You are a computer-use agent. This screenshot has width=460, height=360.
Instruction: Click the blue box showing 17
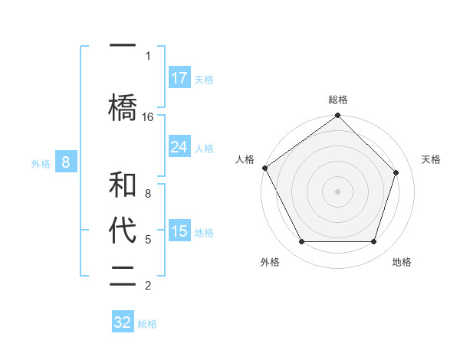(x=179, y=78)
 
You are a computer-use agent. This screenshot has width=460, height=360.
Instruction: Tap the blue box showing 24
(x=179, y=147)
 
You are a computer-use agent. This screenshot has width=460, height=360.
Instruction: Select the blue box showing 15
(x=179, y=231)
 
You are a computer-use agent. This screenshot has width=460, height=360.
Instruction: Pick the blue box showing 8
(x=66, y=162)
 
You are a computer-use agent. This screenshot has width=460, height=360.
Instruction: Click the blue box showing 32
(x=123, y=322)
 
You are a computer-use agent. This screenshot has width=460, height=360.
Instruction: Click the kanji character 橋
(x=123, y=108)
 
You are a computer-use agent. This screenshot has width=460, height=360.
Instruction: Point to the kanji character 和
(x=123, y=185)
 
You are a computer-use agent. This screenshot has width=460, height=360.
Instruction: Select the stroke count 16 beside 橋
(x=148, y=116)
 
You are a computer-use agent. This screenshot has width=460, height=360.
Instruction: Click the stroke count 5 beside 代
(x=148, y=240)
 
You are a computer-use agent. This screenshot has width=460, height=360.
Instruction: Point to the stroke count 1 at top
(x=148, y=56)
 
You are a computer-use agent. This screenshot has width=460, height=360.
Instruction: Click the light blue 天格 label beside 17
(x=204, y=79)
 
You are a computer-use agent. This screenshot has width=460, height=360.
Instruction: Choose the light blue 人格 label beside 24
(x=204, y=148)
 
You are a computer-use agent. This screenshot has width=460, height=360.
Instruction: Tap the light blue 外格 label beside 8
(x=41, y=163)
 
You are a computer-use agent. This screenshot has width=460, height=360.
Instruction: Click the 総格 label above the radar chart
(x=338, y=100)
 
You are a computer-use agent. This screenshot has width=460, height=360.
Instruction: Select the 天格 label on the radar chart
(x=432, y=159)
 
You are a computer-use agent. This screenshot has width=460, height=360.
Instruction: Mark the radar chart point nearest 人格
(x=264, y=168)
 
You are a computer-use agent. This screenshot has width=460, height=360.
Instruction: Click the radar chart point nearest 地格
(x=373, y=242)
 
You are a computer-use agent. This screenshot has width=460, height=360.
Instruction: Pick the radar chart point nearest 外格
(x=301, y=242)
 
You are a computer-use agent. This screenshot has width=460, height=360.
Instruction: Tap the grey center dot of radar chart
(x=337, y=191)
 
